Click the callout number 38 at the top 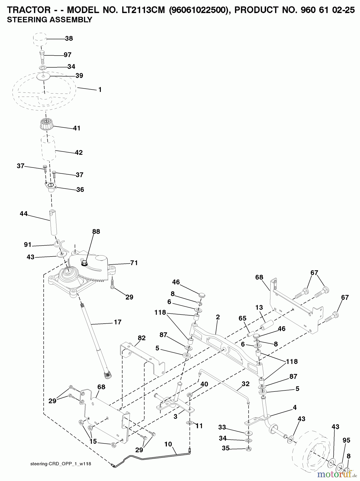pos(69,38)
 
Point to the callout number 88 pos(96,232)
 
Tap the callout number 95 pos(346,440)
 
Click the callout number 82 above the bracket pos(141,338)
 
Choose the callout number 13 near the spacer pos(259,307)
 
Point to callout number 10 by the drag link pos(168,444)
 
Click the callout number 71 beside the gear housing pos(134,263)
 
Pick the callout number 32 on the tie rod pos(245,384)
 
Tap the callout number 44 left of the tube pos(24,214)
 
